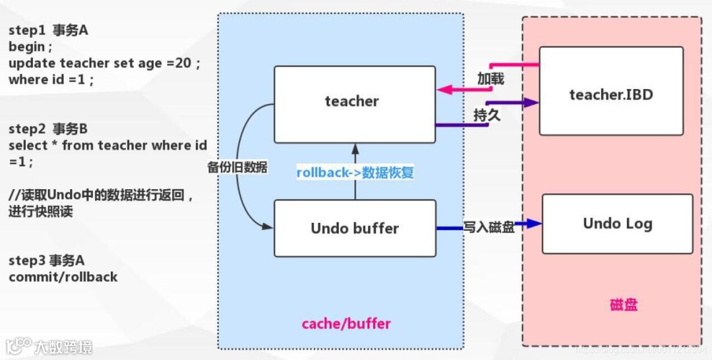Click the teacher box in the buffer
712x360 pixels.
click(x=354, y=104)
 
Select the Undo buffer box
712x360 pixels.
click(x=354, y=229)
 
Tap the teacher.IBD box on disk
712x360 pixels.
click(x=610, y=94)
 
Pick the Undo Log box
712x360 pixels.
click(x=617, y=224)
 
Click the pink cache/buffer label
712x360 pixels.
click(x=346, y=324)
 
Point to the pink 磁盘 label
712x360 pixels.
click(x=623, y=305)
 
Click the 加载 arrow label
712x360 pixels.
click(x=490, y=79)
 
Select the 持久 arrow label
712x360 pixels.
click(x=487, y=115)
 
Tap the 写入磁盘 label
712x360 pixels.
click(x=488, y=226)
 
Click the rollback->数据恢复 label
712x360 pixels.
click(x=355, y=173)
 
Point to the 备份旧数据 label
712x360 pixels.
click(x=237, y=167)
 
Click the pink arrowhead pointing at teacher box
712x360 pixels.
click(x=443, y=89)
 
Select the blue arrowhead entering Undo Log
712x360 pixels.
click(x=535, y=224)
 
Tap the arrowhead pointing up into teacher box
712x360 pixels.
click(x=355, y=146)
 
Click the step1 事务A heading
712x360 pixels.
click(x=47, y=30)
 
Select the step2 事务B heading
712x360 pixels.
click(x=47, y=129)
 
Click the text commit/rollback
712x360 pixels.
click(x=63, y=277)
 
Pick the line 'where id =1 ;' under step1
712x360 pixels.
click(x=51, y=80)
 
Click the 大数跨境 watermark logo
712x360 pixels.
click(x=49, y=346)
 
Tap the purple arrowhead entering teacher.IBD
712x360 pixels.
click(x=531, y=103)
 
